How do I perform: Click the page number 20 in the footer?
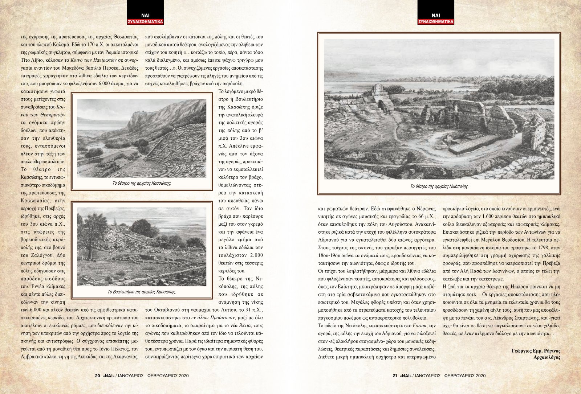(x=97, y=376)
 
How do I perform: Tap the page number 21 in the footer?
(x=395, y=376)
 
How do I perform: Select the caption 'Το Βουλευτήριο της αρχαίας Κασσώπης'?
(x=142, y=292)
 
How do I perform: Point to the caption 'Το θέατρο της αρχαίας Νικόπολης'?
(x=439, y=186)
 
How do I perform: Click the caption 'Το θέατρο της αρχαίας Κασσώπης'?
(x=142, y=184)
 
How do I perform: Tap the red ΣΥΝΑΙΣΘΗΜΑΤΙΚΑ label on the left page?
(x=146, y=22)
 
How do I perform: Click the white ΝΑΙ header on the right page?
(x=436, y=16)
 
